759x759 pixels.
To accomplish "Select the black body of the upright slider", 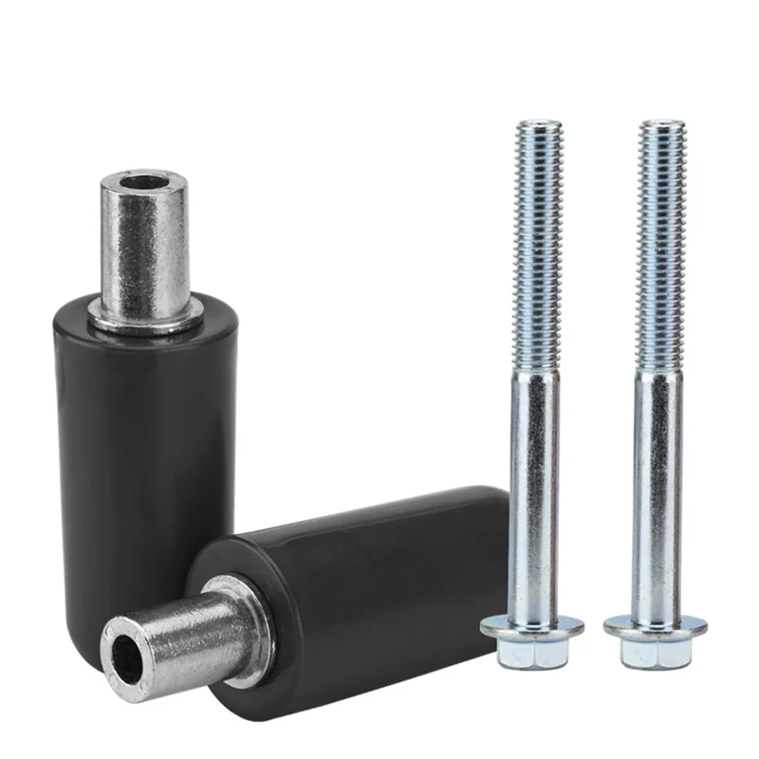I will [114, 427].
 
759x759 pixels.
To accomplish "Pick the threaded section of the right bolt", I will [660, 247].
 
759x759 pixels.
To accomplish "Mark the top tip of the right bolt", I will [661, 122].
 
